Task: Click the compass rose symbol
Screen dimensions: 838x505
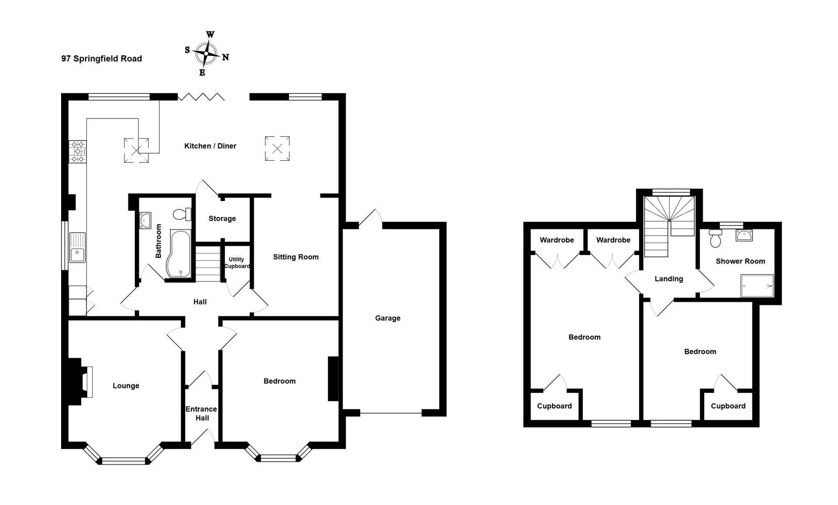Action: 206,54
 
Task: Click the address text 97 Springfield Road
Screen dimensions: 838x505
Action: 102,59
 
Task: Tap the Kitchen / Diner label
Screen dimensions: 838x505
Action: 210,146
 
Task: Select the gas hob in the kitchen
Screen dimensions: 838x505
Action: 78,152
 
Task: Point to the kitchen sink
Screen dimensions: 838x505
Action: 78,248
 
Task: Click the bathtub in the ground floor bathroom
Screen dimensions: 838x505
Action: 178,253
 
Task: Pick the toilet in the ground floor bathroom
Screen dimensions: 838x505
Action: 182,214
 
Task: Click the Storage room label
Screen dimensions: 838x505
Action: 222,218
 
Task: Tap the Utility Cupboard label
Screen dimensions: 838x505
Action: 237,263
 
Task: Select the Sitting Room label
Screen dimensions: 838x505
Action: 296,257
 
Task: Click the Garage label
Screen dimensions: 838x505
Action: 388,318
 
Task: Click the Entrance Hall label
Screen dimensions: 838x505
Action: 201,413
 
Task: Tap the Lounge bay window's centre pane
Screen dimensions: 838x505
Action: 123,460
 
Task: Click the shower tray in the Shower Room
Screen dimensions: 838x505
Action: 757,286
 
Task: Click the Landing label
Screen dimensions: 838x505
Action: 669,279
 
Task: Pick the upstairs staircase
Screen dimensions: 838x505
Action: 669,226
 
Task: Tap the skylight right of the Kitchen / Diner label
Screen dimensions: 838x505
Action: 277,149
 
